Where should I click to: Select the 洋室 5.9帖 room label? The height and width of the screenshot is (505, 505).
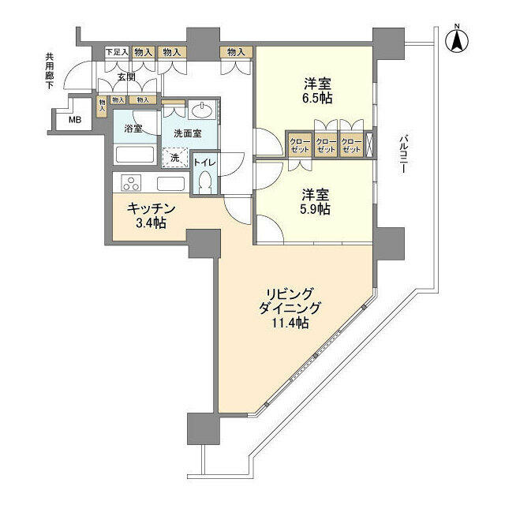pos(314,202)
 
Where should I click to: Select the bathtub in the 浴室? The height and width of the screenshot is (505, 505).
pos(137,155)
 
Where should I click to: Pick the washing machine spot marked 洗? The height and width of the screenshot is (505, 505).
pos(175,157)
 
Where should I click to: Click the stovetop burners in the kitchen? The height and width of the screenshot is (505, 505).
pos(129,184)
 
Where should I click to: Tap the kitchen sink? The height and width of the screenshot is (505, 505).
pos(170,184)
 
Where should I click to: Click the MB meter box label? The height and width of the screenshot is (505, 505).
pos(74,121)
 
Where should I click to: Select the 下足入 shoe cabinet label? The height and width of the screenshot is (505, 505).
pos(117,52)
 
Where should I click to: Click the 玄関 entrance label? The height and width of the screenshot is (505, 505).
pos(126,77)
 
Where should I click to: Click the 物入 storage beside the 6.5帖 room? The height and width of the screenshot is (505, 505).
pos(235,52)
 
